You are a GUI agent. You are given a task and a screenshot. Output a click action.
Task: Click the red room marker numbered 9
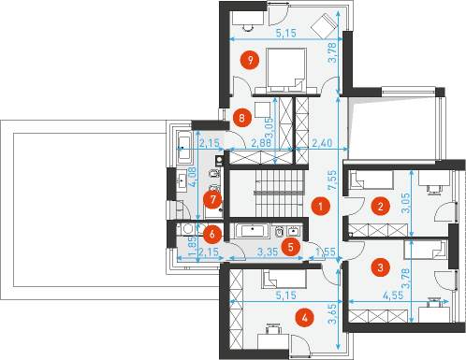[250, 60]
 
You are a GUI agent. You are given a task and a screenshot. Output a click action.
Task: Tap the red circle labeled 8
[242, 118]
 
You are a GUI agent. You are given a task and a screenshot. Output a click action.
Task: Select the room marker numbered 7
[212, 199]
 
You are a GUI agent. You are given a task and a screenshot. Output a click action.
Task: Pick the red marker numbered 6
[212, 234]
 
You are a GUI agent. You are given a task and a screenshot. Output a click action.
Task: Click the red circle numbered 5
[290, 247]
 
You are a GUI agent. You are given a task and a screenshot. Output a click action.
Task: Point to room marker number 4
[304, 318]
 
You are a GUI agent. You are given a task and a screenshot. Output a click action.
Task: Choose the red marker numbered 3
[380, 267]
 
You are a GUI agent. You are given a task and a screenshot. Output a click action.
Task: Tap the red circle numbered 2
[380, 206]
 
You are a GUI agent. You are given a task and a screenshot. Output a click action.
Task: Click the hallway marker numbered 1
[320, 206]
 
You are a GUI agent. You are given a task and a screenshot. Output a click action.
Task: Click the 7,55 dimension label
[332, 180]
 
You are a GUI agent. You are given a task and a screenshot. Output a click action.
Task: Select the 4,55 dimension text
[393, 295]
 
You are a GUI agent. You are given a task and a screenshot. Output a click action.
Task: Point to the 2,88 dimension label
[261, 143]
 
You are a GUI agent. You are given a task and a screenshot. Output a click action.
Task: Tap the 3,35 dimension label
[268, 252]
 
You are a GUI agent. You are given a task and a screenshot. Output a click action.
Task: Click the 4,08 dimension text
[193, 177]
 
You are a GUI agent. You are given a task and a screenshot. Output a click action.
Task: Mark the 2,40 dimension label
[322, 143]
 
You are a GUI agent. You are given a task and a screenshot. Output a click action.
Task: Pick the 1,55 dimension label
[326, 252]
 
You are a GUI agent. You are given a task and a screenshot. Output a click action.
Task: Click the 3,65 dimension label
[332, 314]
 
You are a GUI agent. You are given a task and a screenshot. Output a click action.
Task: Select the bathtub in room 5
[253, 231]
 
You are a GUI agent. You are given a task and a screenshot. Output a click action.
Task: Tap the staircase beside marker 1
[280, 193]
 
